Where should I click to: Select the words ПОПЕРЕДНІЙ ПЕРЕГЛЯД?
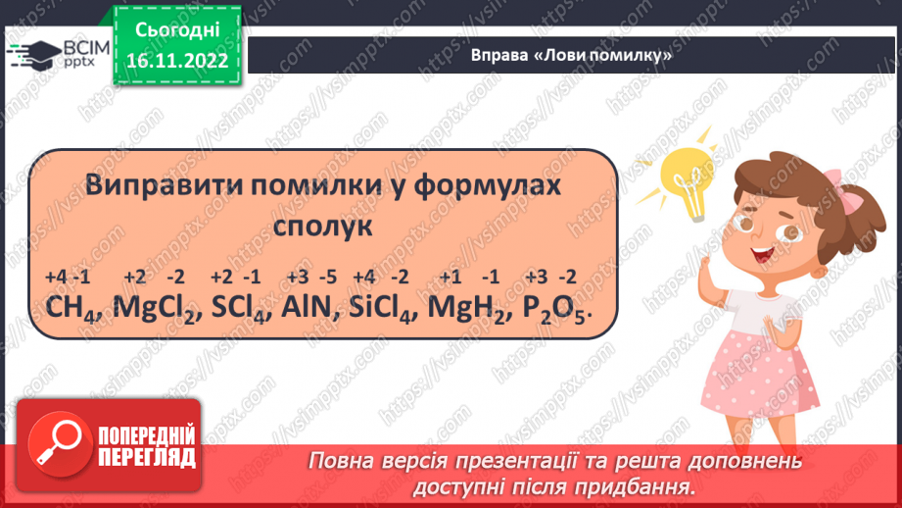(x=146, y=447)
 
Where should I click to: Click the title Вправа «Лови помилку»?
(x=573, y=56)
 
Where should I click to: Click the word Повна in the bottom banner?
(x=345, y=461)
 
